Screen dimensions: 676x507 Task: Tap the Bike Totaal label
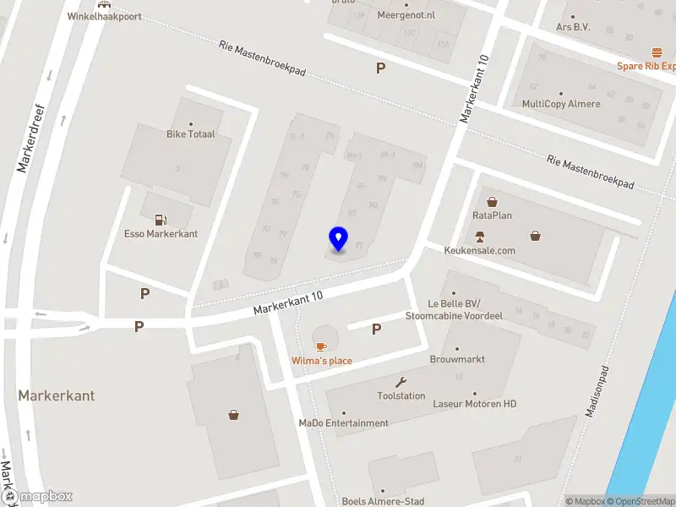[x=190, y=134]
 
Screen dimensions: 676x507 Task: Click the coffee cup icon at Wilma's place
[x=321, y=346]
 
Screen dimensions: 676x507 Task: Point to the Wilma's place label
[x=322, y=361]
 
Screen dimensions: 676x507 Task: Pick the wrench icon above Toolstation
[x=401, y=382]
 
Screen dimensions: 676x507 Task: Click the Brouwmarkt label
[x=457, y=359]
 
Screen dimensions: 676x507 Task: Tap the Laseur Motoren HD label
[x=474, y=404]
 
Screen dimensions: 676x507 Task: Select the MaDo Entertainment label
[x=343, y=422]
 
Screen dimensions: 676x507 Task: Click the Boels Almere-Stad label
[x=383, y=501]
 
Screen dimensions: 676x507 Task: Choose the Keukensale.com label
[x=480, y=250]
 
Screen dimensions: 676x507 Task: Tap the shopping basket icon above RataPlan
[x=492, y=202]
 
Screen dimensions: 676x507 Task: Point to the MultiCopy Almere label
[x=561, y=104]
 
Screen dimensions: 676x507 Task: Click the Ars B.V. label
[x=573, y=27]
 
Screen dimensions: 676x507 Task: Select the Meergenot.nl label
[x=406, y=15]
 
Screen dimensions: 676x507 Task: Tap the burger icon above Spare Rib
[x=657, y=52]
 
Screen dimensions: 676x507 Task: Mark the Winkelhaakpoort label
[x=104, y=16]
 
